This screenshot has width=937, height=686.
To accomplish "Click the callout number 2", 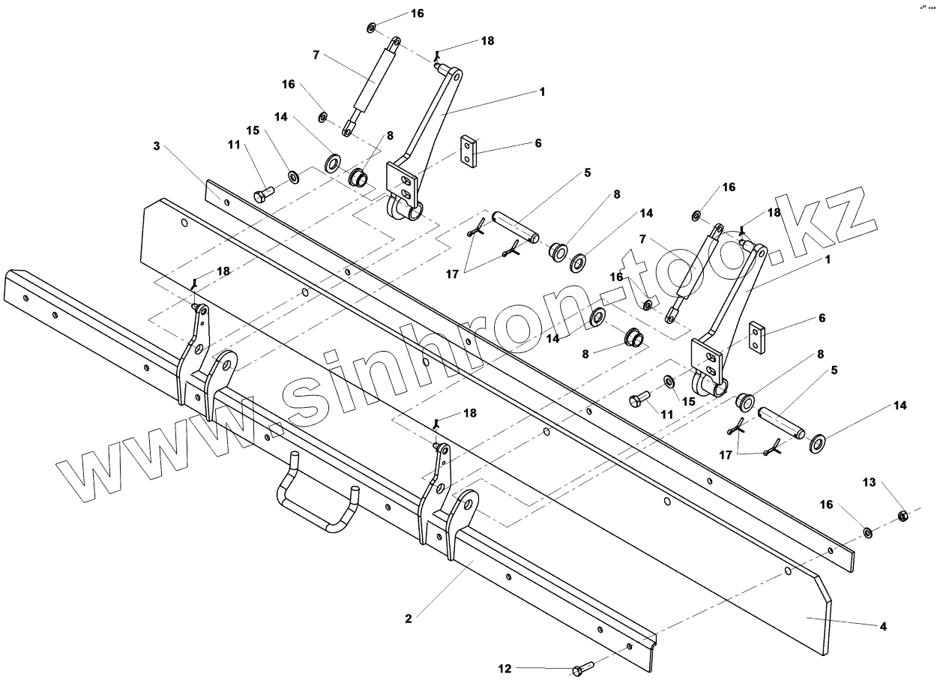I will coord(409,619).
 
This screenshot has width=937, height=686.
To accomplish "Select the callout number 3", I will coord(157,146).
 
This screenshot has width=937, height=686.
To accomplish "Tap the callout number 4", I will coord(884,626).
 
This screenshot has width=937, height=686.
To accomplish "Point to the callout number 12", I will coord(504,667).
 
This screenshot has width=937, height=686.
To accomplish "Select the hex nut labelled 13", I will coord(903,515).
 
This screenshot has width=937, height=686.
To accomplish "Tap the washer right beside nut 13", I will coord(867,532).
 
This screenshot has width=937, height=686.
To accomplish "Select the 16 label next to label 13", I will coord(827,505).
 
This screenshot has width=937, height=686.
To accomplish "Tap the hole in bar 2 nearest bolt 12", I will coord(630,646).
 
